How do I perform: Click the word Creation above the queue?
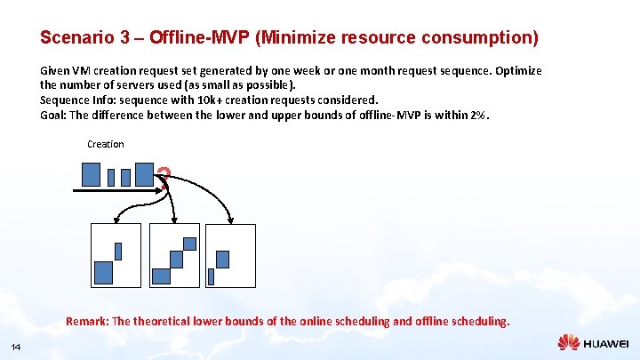[106, 144]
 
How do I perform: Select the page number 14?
[16, 346]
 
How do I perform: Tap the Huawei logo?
[593, 342]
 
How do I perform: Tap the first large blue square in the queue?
[91, 174]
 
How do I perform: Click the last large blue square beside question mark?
[144, 173]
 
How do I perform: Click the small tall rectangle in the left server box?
[118, 251]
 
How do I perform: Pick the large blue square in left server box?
[104, 272]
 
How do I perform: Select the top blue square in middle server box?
[189, 244]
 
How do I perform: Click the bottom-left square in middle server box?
[161, 276]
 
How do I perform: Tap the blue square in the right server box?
[222, 259]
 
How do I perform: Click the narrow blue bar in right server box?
[211, 276]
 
